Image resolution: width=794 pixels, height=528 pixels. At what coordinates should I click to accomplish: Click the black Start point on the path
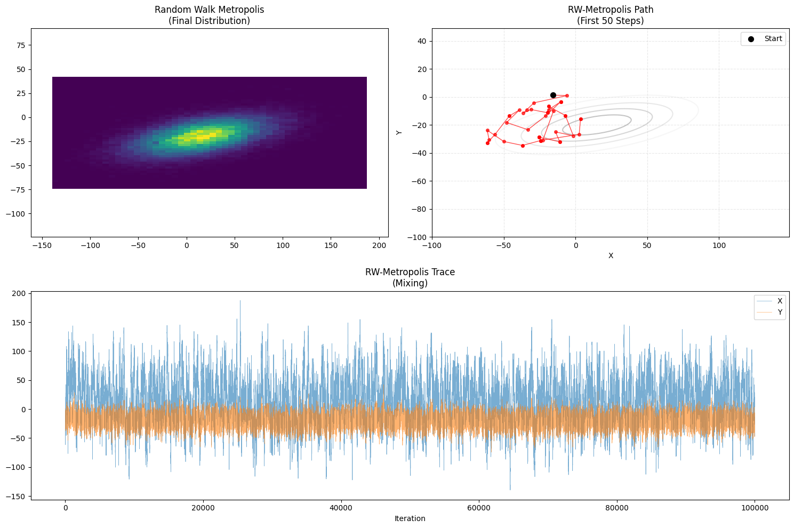click(553, 95)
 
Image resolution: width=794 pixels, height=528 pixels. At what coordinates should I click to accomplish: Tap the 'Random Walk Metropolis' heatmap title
click(209, 10)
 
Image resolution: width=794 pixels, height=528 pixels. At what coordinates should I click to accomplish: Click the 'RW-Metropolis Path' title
click(610, 10)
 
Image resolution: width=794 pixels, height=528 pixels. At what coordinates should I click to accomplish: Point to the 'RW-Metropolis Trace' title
click(410, 272)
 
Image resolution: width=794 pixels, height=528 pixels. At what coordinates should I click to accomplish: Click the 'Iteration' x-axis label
click(410, 518)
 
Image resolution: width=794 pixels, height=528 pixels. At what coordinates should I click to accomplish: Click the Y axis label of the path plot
click(399, 132)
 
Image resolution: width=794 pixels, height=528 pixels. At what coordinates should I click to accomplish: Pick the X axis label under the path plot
click(610, 255)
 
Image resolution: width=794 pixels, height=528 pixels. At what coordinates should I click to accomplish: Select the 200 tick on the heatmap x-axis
click(379, 245)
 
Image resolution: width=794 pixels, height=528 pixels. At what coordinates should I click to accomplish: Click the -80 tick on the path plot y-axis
click(421, 209)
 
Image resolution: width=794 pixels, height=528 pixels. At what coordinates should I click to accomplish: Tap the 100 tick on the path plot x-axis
click(719, 245)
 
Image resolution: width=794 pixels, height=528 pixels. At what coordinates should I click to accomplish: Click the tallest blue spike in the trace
click(240, 301)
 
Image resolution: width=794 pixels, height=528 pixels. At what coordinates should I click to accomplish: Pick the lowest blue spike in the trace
click(510, 489)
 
